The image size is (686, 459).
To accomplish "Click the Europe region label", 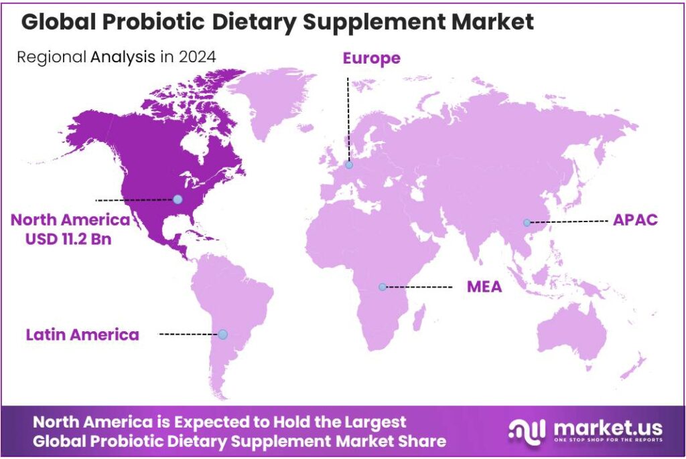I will coord(371,58).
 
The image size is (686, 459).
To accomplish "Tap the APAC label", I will coord(635,220).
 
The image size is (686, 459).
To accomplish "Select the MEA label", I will coord(484,287).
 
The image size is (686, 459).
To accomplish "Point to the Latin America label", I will coord(82,335).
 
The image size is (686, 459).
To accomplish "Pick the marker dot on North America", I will coord(178,199).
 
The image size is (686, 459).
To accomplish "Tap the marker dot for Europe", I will coord(348,165).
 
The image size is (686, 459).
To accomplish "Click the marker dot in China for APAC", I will coord(527,222).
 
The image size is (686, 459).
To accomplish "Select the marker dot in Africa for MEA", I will coord(382,287).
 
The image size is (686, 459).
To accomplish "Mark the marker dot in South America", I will coord(222,334).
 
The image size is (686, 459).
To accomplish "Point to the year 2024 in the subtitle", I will coord(198,57).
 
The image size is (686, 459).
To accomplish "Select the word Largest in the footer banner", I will coord(374,422).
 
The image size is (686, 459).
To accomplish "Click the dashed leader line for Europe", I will coord(348,117).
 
